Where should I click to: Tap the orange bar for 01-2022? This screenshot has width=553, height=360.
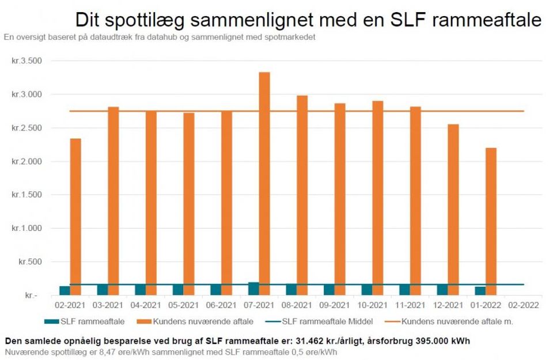pos(490,221)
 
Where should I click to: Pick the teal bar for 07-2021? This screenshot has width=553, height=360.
pos(253,289)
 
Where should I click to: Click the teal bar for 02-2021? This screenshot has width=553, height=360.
pos(65,290)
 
